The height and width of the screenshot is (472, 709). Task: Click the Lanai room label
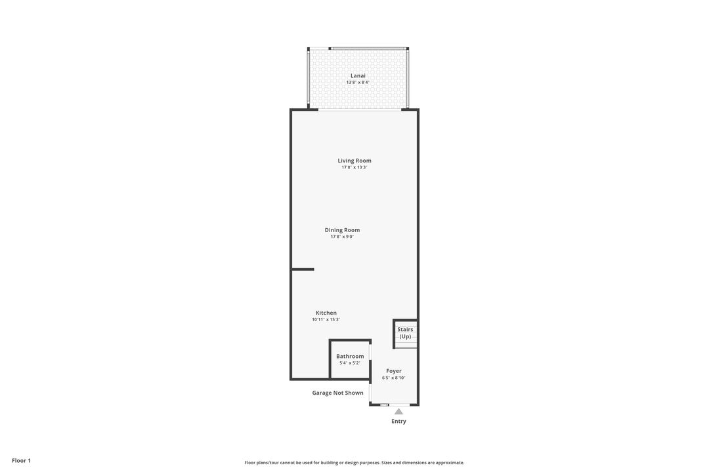pyautogui.click(x=358, y=75)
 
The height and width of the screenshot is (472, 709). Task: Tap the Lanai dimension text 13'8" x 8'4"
pyautogui.click(x=358, y=83)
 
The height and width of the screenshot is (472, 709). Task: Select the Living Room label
pyautogui.click(x=354, y=161)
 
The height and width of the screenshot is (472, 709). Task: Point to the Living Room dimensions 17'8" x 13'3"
pyautogui.click(x=354, y=168)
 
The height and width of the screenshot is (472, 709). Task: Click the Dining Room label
pyautogui.click(x=342, y=230)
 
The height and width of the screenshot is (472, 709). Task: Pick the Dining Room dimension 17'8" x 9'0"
pyautogui.click(x=342, y=237)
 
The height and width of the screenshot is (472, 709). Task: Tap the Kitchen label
pyautogui.click(x=326, y=313)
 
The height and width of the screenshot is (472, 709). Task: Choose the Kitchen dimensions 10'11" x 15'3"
pyautogui.click(x=326, y=320)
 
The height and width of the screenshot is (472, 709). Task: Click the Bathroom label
pyautogui.click(x=350, y=356)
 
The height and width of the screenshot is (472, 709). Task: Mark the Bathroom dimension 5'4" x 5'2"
pyautogui.click(x=350, y=363)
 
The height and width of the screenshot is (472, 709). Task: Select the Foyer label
pyautogui.click(x=394, y=371)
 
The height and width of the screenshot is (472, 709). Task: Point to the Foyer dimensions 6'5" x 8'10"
pyautogui.click(x=394, y=378)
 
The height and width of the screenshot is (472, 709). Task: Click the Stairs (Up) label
pyautogui.click(x=405, y=333)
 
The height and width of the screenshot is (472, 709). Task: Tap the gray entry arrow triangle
pyautogui.click(x=398, y=412)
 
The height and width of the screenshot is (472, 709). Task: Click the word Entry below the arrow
pyautogui.click(x=398, y=422)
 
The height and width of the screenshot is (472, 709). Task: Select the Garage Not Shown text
pyautogui.click(x=337, y=393)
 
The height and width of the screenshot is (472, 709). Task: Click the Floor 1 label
pyautogui.click(x=21, y=461)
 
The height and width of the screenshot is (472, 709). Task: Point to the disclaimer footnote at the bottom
pyautogui.click(x=354, y=463)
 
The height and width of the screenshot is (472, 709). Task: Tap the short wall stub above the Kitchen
pyautogui.click(x=303, y=269)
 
